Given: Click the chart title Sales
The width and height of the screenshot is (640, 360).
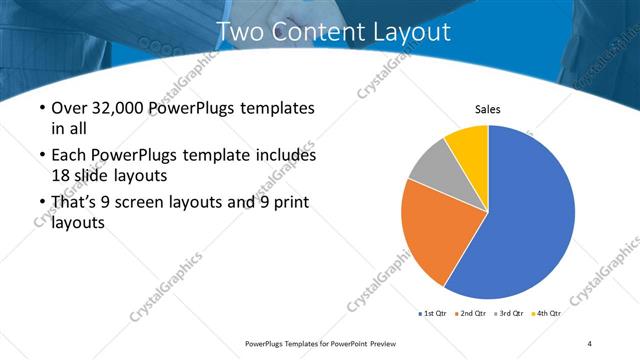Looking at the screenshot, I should pyautogui.click(x=487, y=109).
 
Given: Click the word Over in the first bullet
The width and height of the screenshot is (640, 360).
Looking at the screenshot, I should pyautogui.click(x=68, y=108).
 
